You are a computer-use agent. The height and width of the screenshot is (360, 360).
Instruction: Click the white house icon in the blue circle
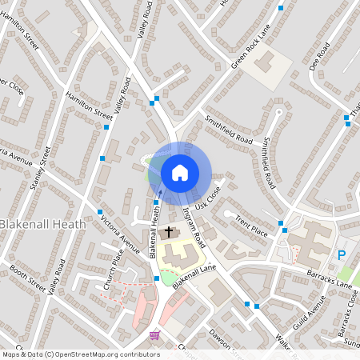(180, 173)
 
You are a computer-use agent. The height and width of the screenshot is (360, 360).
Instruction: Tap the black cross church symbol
(168, 234)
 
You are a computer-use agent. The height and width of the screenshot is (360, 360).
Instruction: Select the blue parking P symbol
(342, 256)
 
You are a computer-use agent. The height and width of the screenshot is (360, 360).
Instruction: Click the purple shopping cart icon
(154, 334)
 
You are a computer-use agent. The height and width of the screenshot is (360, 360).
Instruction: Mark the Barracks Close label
(346, 314)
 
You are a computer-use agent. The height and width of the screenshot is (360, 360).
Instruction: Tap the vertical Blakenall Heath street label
(155, 229)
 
